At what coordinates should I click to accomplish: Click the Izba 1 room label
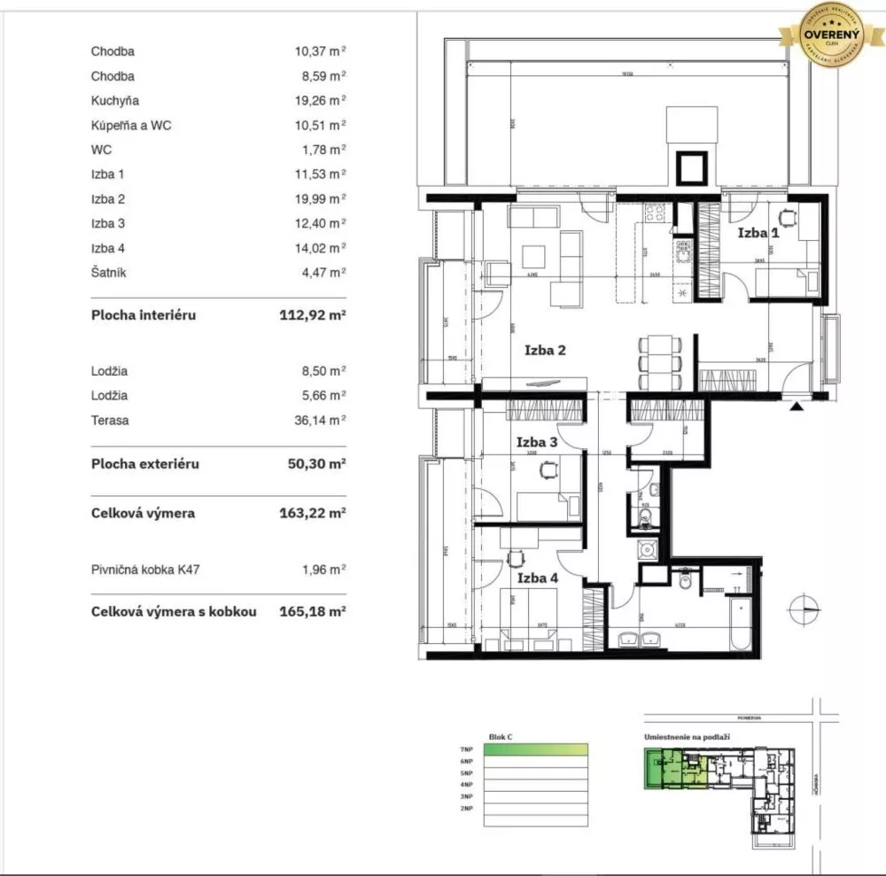coord(758,233)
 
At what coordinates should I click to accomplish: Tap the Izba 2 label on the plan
coord(545,350)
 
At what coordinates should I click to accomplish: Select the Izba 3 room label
coord(537,441)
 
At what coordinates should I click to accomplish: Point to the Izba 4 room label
coord(537,578)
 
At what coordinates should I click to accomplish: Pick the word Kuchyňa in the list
coord(114,101)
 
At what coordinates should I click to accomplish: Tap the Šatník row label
coord(108,273)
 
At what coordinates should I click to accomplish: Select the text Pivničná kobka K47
coord(145,570)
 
